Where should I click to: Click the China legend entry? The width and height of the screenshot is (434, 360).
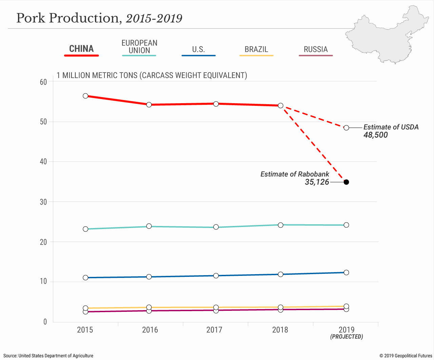tap(81, 49)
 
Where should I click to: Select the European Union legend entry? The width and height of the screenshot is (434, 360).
tap(139, 47)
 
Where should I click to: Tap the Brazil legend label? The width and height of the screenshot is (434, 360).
tap(256, 49)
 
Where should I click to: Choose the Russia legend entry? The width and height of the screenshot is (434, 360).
tap(316, 49)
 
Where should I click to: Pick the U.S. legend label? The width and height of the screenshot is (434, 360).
tap(198, 49)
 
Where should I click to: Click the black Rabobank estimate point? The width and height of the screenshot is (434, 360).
tap(346, 182)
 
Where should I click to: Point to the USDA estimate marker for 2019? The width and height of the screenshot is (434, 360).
tap(346, 128)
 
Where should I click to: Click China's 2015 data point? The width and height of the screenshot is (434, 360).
tap(85, 96)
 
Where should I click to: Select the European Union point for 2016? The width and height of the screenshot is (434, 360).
tap(149, 226)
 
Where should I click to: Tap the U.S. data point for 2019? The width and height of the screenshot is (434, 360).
tap(346, 272)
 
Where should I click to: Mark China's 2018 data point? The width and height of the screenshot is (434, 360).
tap(280, 106)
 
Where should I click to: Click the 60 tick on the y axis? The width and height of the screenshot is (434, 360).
tap(43, 82)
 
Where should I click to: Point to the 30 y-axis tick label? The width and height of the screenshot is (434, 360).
tap(43, 202)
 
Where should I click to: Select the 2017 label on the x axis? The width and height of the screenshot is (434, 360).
tap(214, 330)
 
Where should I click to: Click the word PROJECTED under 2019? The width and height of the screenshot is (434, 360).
tap(347, 337)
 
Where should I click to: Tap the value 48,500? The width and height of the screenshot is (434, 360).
tap(376, 135)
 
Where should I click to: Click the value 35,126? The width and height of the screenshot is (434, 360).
tap(317, 182)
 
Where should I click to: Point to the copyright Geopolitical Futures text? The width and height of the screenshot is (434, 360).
tap(406, 356)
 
